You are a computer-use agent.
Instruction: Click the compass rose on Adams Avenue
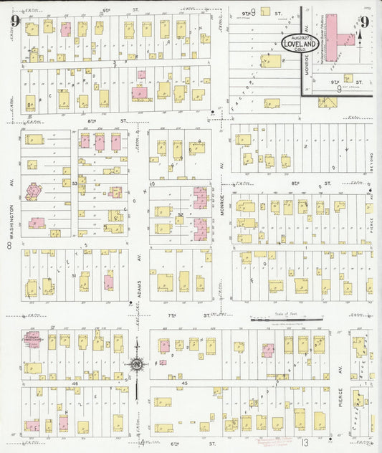coord(135,364)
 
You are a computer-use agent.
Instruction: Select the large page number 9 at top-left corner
coord(14,20)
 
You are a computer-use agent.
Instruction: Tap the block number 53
coord(75,184)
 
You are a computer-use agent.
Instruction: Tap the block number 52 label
coord(181,214)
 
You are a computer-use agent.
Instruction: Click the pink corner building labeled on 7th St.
coord(32,339)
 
